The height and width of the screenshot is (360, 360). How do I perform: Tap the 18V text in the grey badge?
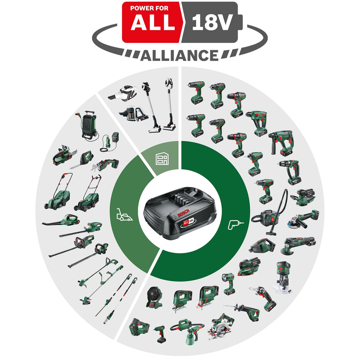tap(212, 23)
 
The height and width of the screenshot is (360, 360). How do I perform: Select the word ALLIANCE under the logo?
tap(179, 55)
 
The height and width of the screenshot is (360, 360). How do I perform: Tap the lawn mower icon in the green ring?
tap(125, 214)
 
